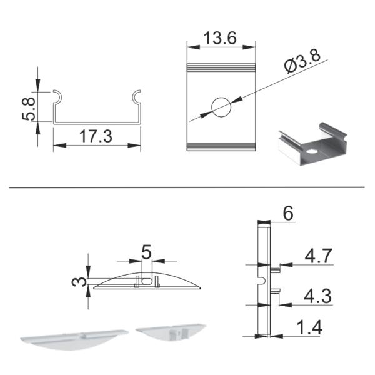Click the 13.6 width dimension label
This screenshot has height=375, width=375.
[x=220, y=38]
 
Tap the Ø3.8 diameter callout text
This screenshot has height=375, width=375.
[x=302, y=61]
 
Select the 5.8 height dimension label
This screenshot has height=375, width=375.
[x=29, y=108]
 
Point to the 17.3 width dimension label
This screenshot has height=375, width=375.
[x=96, y=136]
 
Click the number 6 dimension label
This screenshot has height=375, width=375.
[x=288, y=213]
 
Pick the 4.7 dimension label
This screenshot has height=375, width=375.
[x=318, y=256]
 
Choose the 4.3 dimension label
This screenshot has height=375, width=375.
[x=318, y=296]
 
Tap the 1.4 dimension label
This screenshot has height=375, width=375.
[x=310, y=327]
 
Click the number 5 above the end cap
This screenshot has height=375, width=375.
[x=146, y=252]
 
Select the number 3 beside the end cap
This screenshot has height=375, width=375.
[x=79, y=282]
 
